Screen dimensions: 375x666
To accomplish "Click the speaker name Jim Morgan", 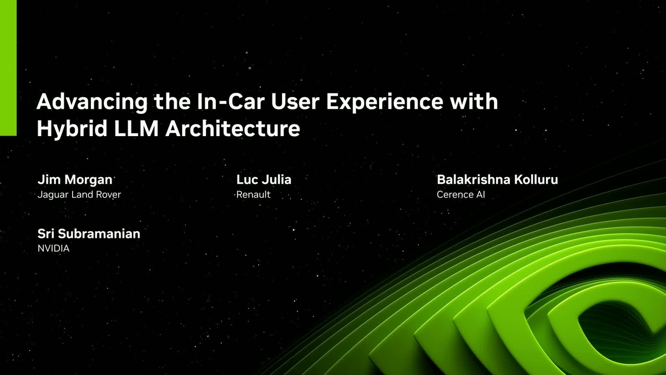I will tap(74, 180).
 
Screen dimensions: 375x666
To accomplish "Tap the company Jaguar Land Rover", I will tap(79, 195).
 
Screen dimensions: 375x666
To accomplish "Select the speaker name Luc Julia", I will tap(264, 180).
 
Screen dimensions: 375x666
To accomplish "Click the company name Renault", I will tap(253, 195).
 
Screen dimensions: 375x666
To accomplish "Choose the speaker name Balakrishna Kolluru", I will tap(497, 180).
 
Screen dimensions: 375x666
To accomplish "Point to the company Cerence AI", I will tap(461, 195).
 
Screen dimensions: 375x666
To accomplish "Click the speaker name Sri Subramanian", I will tap(89, 234).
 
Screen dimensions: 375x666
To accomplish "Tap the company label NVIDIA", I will tap(53, 249).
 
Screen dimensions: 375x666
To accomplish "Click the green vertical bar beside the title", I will tap(8, 67).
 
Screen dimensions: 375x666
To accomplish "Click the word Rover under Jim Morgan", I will tap(108, 195).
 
